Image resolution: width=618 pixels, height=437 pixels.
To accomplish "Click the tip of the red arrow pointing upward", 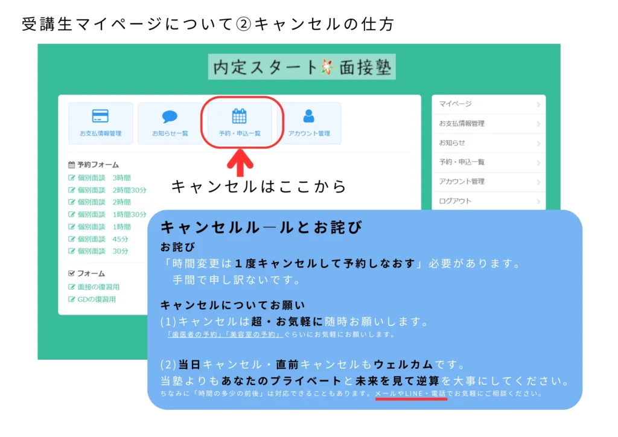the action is click(x=240, y=149).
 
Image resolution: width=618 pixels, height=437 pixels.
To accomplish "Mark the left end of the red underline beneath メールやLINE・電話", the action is click(x=375, y=399).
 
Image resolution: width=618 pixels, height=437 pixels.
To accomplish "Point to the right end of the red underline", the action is click(x=447, y=399).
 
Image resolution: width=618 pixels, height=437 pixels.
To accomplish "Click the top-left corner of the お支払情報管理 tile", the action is click(x=68, y=103).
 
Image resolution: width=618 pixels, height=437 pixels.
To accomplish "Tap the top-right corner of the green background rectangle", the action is click(x=561, y=43).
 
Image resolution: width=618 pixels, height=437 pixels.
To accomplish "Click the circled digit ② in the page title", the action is click(x=244, y=24).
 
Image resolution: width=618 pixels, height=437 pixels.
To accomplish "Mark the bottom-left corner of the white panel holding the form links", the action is click(x=59, y=315).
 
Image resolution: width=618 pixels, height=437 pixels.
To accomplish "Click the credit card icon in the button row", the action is click(x=100, y=116).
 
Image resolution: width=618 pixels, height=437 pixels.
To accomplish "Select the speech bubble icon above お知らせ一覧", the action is click(x=170, y=116).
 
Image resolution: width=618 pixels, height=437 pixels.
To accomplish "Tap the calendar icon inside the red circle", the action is click(x=239, y=116).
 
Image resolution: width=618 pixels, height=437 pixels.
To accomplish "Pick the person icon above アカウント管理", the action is click(x=308, y=116).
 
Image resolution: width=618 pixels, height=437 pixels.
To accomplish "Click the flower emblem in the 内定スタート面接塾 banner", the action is click(x=328, y=67).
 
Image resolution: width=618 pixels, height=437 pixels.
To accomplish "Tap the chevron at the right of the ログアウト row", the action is click(x=538, y=202).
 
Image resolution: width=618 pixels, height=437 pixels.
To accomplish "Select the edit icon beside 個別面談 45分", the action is click(x=71, y=239).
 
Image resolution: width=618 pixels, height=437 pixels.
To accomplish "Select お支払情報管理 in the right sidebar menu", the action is click(x=462, y=123).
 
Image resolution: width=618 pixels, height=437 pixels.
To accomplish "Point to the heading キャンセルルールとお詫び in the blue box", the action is click(x=261, y=228).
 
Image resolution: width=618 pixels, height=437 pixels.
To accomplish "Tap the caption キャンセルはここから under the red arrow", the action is click(x=259, y=187).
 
